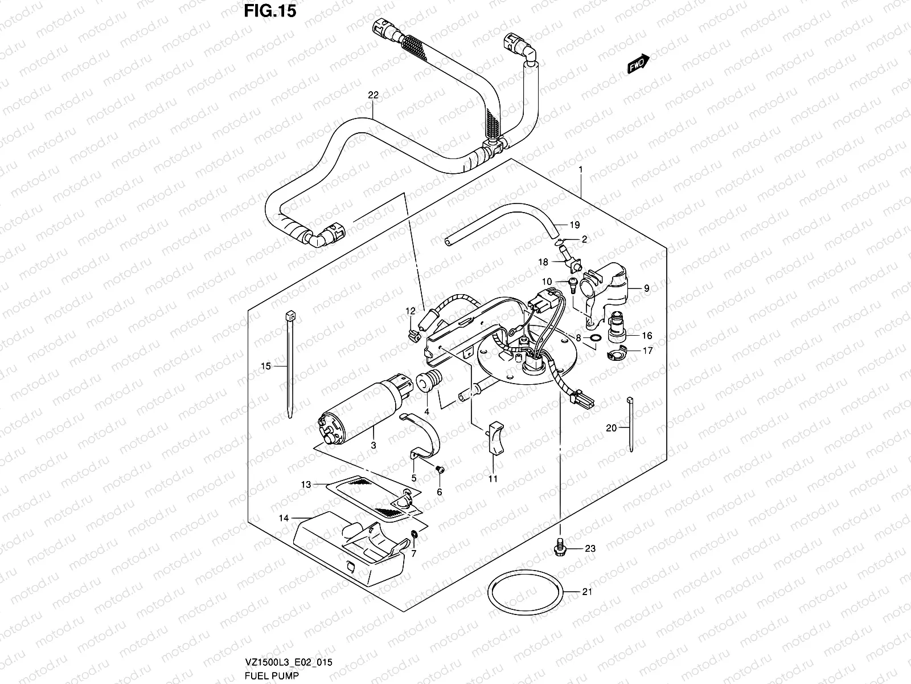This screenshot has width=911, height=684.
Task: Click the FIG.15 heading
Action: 270,11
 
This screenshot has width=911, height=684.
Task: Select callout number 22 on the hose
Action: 373,95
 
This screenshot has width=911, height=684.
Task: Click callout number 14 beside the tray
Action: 284,518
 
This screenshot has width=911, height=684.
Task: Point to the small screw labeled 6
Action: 440,469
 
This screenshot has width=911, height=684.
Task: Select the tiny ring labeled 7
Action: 413,535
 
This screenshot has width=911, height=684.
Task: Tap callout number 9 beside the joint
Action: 646,289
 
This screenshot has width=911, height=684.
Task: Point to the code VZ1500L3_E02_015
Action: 289,662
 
